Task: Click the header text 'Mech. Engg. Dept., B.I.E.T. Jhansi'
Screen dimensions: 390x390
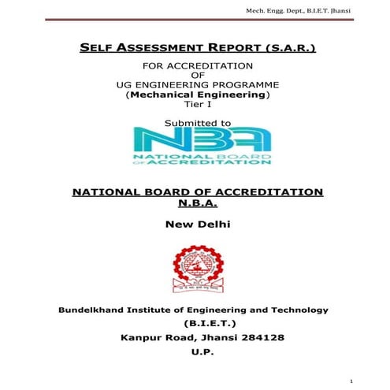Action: [322, 10]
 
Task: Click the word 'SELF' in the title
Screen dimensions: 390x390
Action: [95, 49]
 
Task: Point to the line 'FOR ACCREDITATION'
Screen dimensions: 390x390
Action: [197, 65]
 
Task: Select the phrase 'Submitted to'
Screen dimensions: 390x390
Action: [197, 123]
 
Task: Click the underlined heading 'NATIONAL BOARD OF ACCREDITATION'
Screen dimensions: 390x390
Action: [197, 191]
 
